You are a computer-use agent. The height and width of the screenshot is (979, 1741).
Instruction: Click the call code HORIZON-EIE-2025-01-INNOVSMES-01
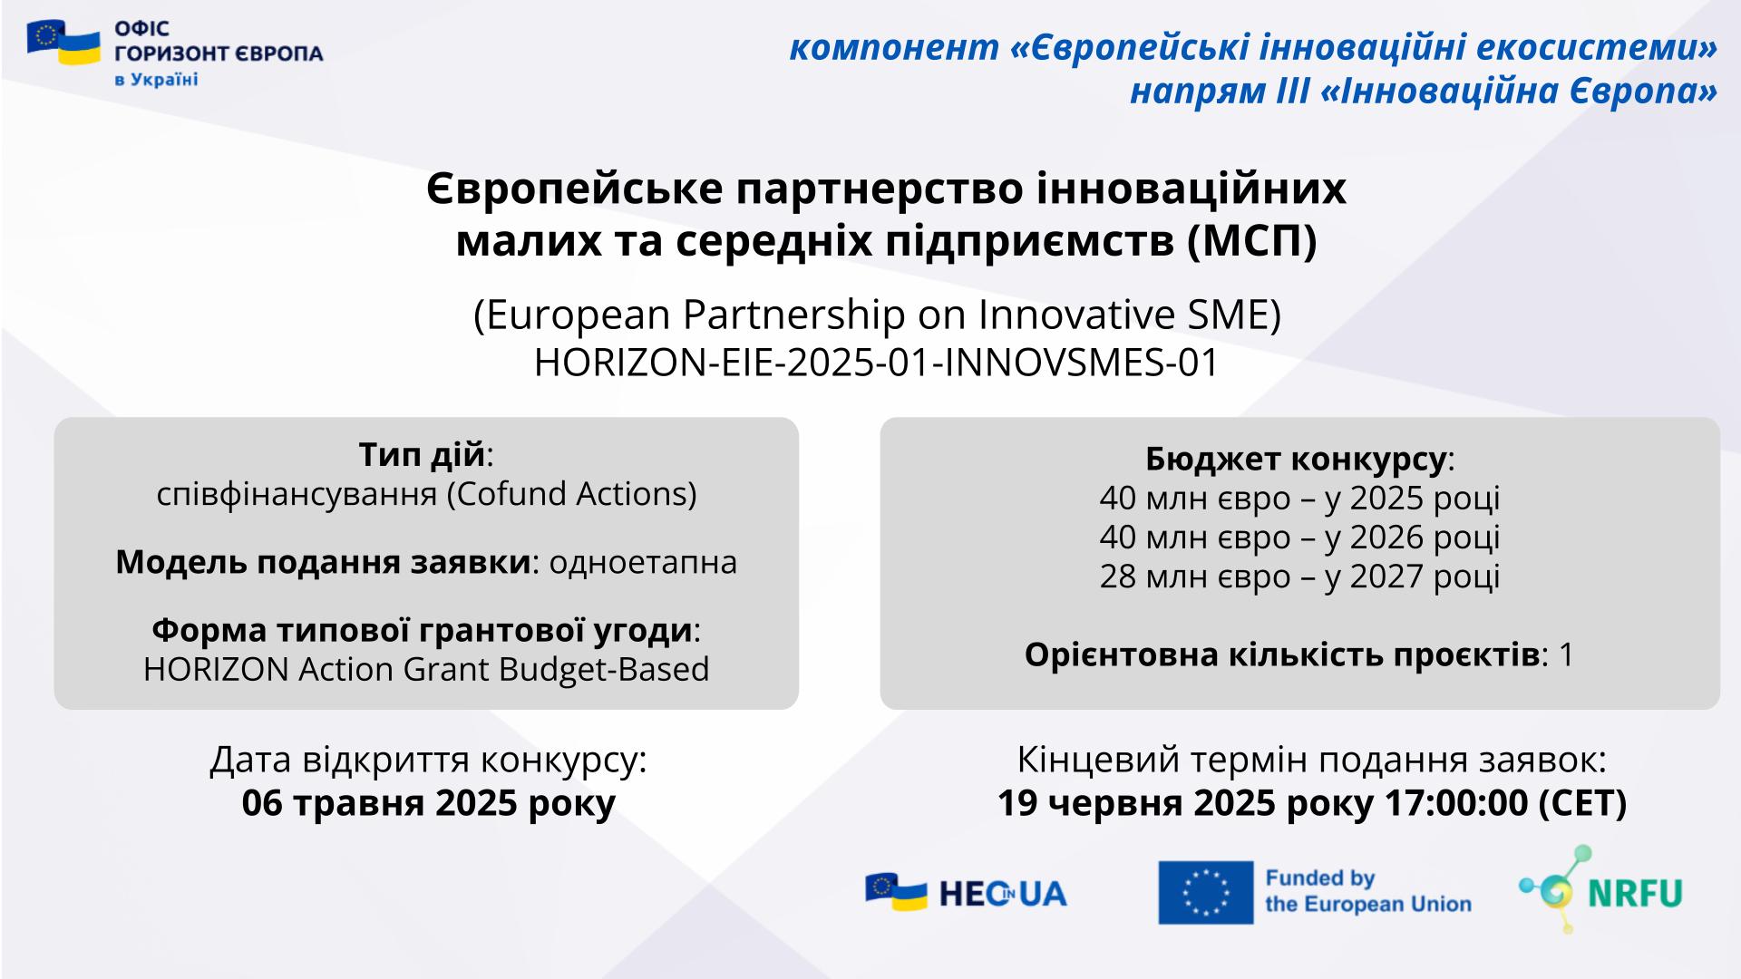coord(876,363)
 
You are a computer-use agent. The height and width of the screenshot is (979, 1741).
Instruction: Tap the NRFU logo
coord(1600,889)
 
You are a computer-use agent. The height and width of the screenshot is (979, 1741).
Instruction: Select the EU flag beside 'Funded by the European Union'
coord(1205,893)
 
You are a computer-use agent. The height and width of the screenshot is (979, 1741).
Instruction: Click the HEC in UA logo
coord(966,893)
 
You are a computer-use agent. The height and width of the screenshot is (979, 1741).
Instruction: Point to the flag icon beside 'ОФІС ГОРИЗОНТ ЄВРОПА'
coord(63,43)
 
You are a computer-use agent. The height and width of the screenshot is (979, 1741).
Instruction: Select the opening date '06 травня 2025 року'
coord(428,803)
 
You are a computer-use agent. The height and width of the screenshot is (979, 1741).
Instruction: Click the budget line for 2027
coord(1299,577)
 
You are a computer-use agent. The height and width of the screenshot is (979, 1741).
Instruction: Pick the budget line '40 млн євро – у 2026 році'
coord(1299,538)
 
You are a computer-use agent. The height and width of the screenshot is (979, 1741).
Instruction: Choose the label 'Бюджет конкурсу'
coord(1295,460)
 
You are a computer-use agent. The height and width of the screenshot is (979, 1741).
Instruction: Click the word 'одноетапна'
coord(643,562)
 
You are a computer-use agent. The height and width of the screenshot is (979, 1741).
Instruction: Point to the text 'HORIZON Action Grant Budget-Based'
coord(426,670)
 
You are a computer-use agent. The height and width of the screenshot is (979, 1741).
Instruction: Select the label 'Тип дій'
coord(422,454)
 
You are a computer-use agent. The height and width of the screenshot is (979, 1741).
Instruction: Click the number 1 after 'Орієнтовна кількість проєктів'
coord(1565,655)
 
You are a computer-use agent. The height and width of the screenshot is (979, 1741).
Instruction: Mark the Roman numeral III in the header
coord(1286,92)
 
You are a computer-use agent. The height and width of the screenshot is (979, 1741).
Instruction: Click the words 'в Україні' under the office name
coord(156,80)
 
